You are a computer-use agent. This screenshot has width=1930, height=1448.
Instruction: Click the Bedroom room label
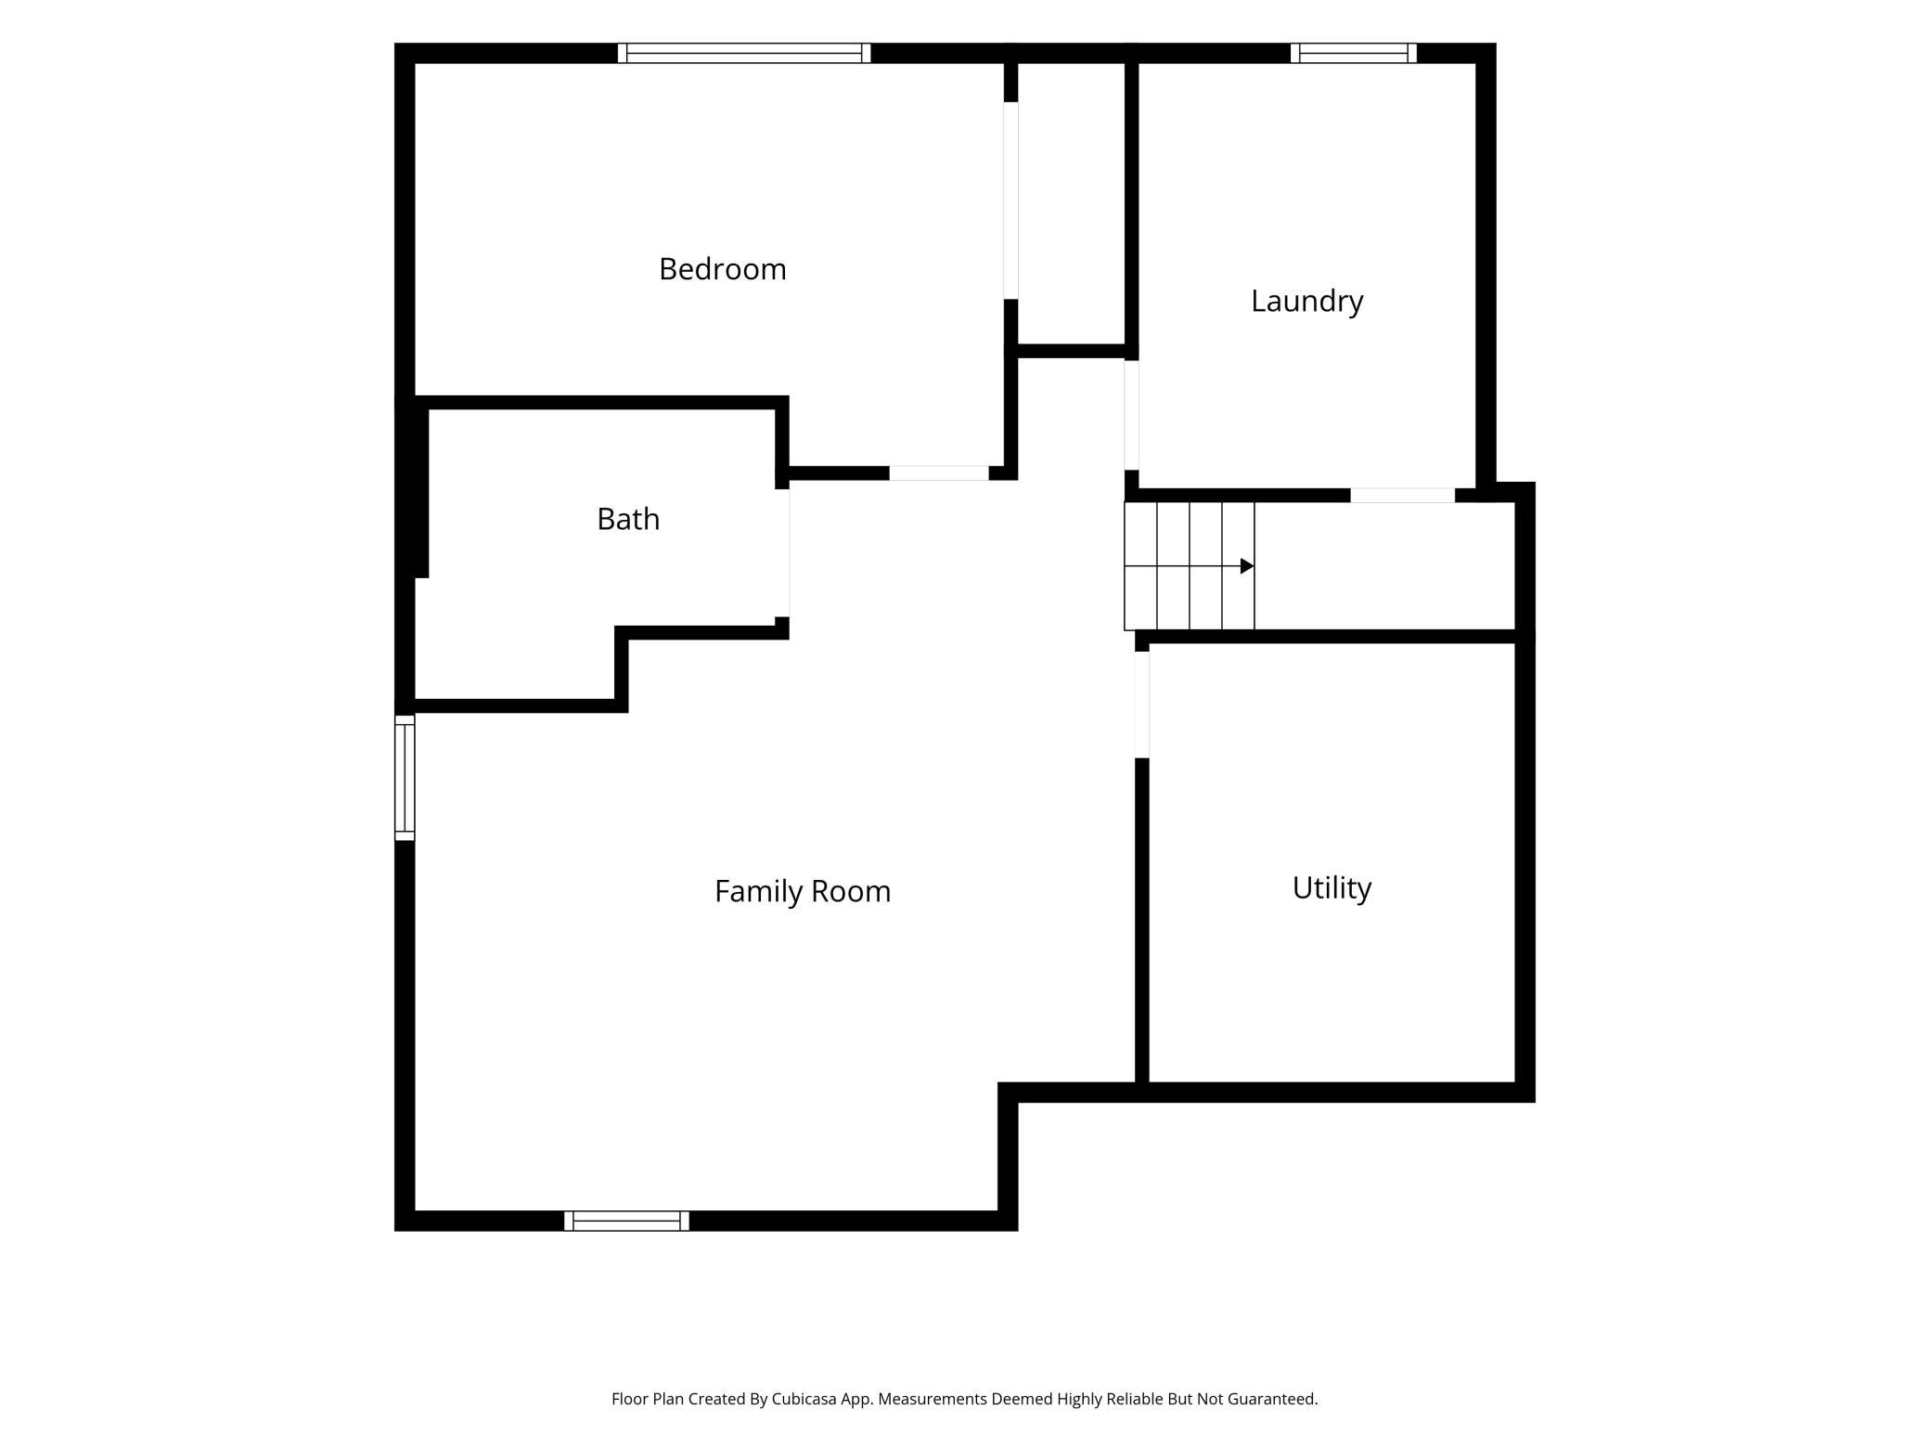click(722, 269)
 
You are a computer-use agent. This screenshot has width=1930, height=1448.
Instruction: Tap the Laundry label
click(1306, 302)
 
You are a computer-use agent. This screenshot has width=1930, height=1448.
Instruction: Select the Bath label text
click(628, 519)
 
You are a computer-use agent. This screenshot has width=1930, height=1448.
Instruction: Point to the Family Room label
click(803, 892)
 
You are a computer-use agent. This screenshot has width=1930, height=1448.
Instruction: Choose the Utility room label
click(1332, 889)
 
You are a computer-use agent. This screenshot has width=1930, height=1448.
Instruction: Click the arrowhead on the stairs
click(1247, 566)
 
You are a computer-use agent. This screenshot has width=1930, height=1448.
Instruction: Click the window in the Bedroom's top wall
click(744, 53)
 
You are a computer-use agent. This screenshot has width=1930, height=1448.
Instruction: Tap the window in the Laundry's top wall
click(1353, 53)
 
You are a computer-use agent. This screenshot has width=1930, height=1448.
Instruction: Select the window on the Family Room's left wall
click(405, 778)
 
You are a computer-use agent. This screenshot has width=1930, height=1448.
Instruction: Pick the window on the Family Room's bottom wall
click(626, 1221)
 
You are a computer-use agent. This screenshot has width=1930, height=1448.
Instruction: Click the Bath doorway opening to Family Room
click(783, 553)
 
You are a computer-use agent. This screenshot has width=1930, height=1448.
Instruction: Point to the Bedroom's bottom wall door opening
click(939, 473)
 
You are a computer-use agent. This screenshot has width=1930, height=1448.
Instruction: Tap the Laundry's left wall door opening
click(1132, 415)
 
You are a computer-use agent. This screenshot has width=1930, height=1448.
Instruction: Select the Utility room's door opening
click(1142, 705)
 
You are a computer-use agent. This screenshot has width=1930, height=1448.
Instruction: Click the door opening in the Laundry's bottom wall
click(1402, 496)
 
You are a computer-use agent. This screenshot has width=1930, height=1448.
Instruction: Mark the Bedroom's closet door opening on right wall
click(1011, 200)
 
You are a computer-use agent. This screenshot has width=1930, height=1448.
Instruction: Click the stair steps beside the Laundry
click(1190, 566)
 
